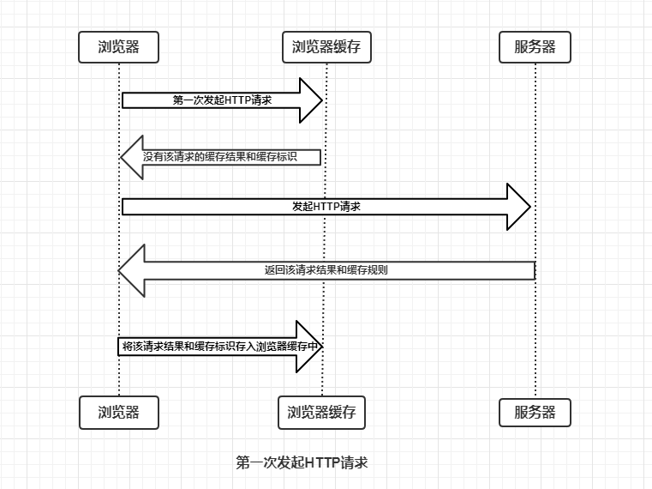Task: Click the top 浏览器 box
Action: point(119,47)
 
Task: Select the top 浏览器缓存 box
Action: point(326,47)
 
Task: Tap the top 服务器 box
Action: point(535,47)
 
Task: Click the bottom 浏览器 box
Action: point(119,412)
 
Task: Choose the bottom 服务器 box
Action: point(535,412)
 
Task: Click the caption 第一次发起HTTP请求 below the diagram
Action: point(302,463)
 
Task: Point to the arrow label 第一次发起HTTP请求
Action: point(222,100)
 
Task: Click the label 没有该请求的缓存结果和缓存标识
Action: point(231,157)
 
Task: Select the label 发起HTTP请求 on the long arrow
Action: point(326,207)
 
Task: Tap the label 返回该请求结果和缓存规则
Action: point(326,269)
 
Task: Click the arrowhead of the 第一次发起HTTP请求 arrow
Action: point(310,100)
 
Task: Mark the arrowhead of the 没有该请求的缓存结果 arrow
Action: point(131,157)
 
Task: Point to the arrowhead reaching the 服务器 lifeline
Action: point(519,207)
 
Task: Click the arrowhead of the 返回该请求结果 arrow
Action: point(132,269)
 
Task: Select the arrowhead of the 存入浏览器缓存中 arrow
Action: point(309,347)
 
